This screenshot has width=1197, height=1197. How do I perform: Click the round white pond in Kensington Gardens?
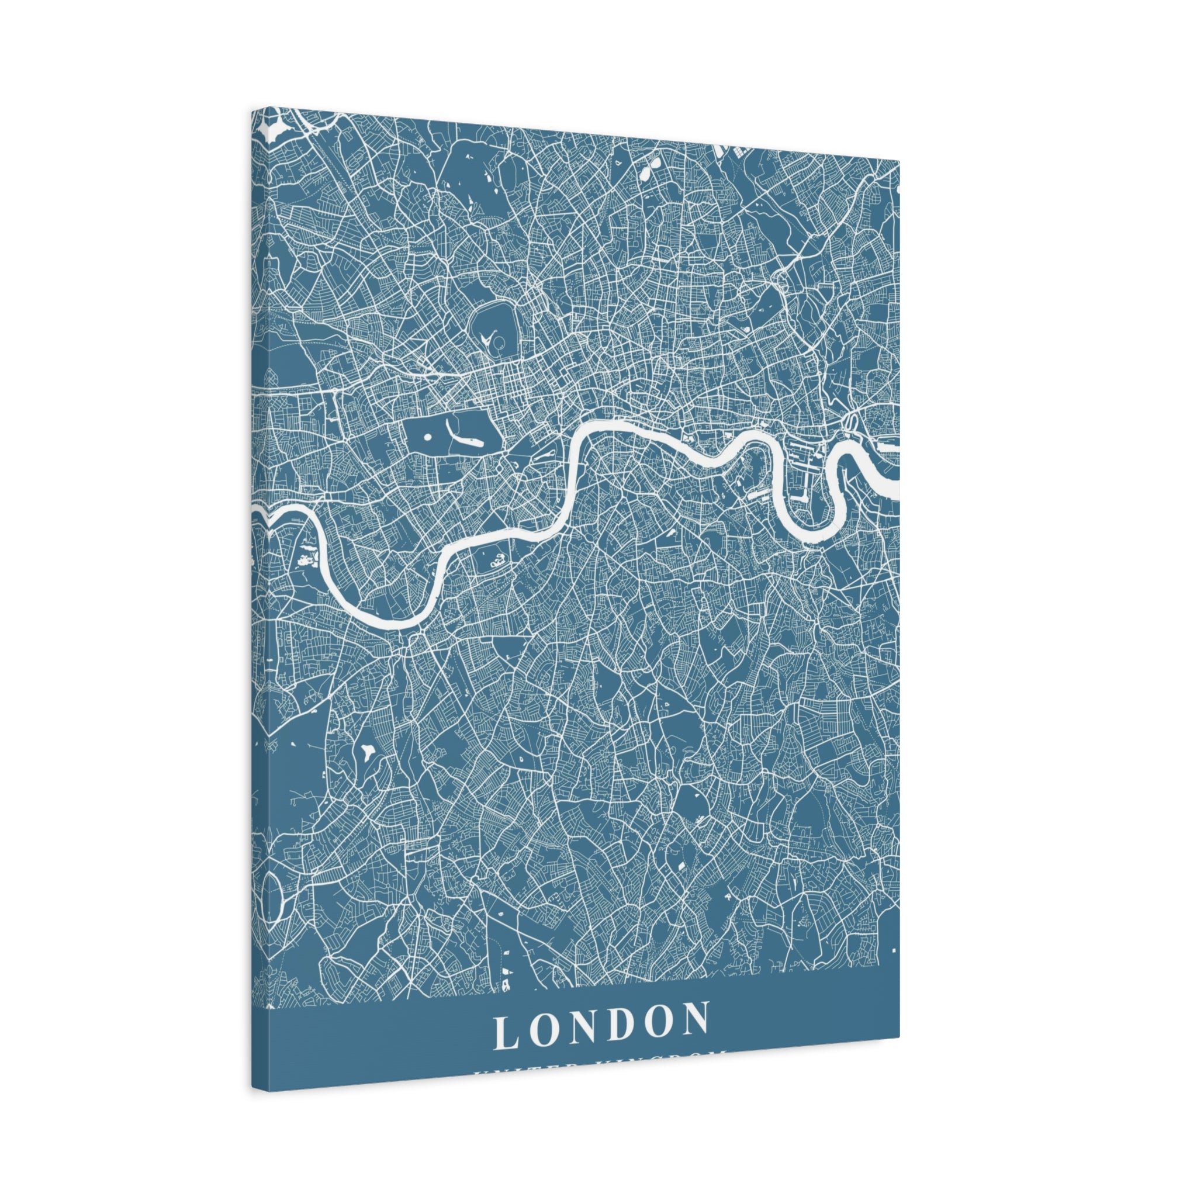coord(427,437)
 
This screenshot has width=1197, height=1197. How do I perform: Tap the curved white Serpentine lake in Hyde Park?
coord(465,437)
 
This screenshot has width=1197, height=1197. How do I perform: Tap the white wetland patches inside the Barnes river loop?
coord(306,558)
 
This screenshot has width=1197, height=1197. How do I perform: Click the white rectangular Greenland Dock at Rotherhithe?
coord(758,494)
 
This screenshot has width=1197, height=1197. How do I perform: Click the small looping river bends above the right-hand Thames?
coord(849,424)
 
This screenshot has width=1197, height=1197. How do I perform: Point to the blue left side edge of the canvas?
coord(260,620)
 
